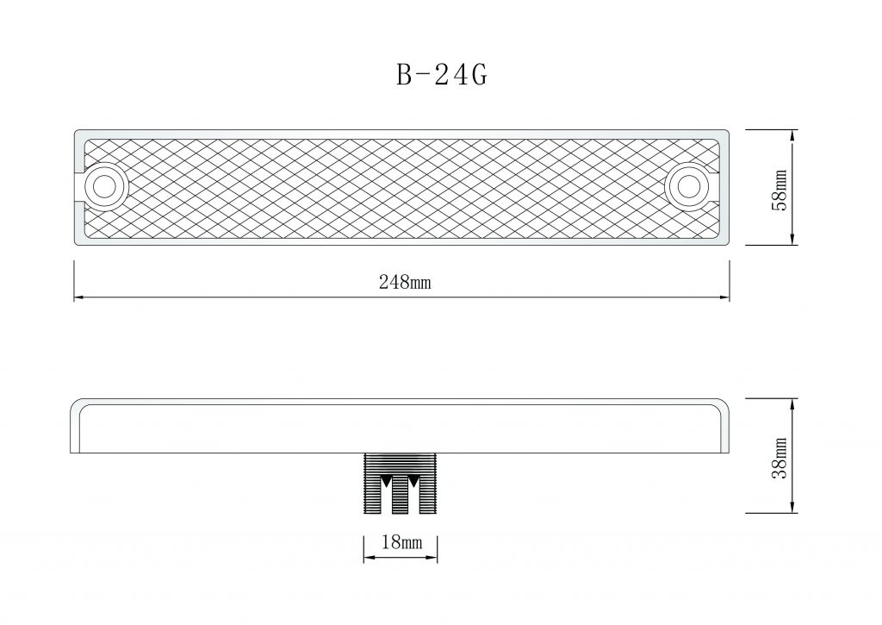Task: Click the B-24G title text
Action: [x=442, y=74]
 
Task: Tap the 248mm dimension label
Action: [x=405, y=282]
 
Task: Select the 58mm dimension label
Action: [x=779, y=190]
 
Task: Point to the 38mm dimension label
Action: [x=779, y=457]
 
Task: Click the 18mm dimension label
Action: [x=401, y=542]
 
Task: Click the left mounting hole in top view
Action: [x=104, y=186]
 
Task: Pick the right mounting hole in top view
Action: [x=687, y=186]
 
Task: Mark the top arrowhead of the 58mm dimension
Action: [x=792, y=135]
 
